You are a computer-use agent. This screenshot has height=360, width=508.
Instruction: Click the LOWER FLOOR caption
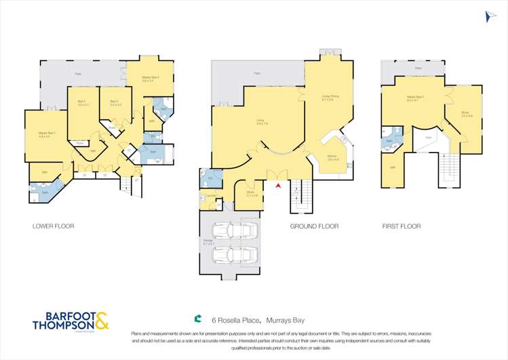click(54, 226)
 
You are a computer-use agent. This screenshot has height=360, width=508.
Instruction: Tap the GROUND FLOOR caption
click(314, 226)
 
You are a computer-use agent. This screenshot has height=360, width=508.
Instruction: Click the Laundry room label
click(211, 197)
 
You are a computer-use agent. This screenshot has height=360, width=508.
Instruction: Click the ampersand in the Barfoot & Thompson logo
click(101, 321)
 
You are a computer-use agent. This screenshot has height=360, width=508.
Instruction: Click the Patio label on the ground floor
click(257, 73)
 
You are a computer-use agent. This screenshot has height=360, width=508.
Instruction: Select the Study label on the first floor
click(465, 113)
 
